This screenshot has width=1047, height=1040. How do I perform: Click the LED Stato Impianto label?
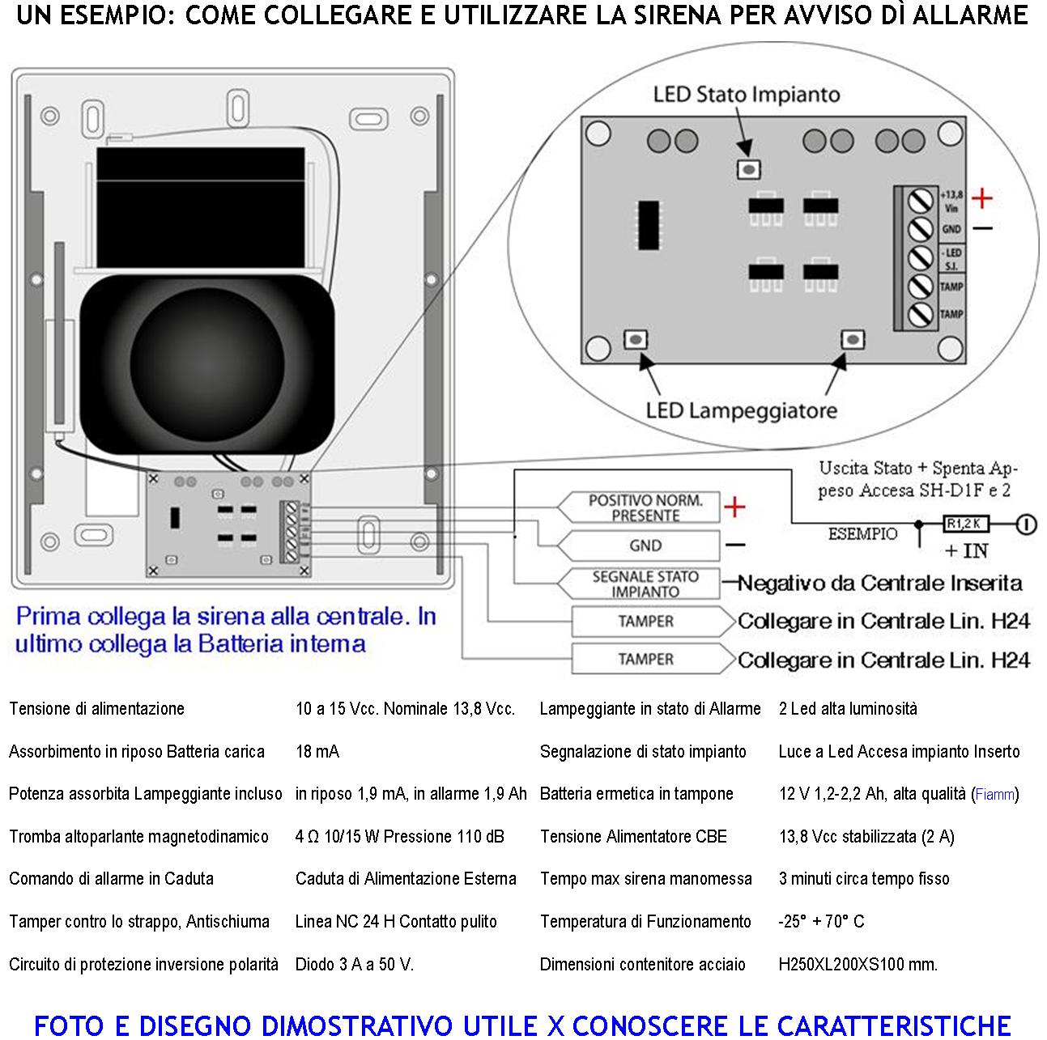(746, 95)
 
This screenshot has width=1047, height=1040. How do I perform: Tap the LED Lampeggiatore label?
(741, 410)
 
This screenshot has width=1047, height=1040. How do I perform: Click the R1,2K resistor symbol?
(966, 524)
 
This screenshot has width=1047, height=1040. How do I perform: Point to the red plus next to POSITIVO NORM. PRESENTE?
(734, 507)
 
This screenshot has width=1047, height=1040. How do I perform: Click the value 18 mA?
(317, 751)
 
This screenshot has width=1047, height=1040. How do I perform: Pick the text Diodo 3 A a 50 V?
(354, 964)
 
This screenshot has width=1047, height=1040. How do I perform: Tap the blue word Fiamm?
(994, 795)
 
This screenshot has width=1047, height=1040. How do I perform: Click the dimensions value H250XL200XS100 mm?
(858, 964)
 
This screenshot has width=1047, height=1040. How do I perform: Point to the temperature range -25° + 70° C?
(821, 921)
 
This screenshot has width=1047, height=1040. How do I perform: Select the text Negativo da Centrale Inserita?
(879, 584)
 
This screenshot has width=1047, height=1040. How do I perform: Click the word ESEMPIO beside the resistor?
(862, 534)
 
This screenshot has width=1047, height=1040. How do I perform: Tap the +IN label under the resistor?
(967, 550)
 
